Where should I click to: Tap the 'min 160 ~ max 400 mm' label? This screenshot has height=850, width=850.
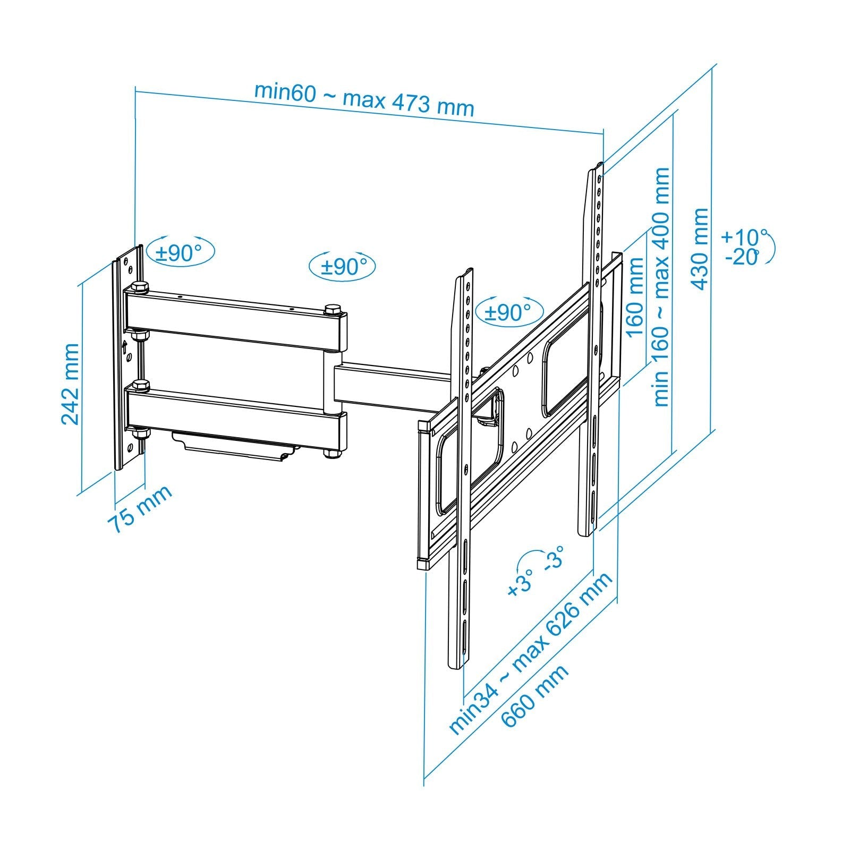pos(661,287)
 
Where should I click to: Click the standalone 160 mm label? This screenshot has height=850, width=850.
pos(635,297)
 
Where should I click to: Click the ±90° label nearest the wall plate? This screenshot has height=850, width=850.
pos(181,252)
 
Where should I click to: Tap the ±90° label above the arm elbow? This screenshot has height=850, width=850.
pos(342,266)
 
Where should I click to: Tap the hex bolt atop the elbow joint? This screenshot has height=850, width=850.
pos(333,309)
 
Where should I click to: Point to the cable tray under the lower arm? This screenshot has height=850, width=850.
pos(234,444)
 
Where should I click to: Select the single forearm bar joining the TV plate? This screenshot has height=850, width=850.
pos(393,385)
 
